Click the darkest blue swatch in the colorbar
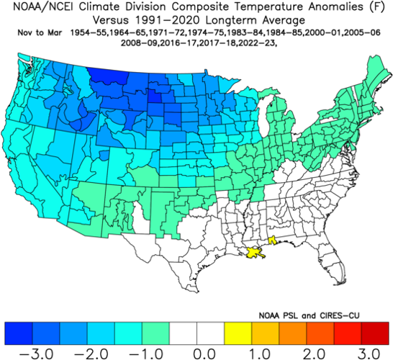pos(19,332)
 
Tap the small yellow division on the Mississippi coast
pos(272,243)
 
